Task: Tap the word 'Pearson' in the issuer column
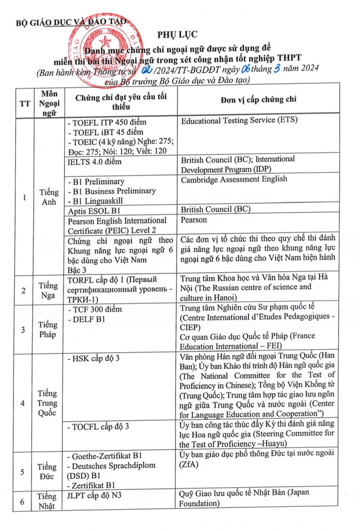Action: (x=194, y=220)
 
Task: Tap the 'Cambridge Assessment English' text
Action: (x=233, y=179)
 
